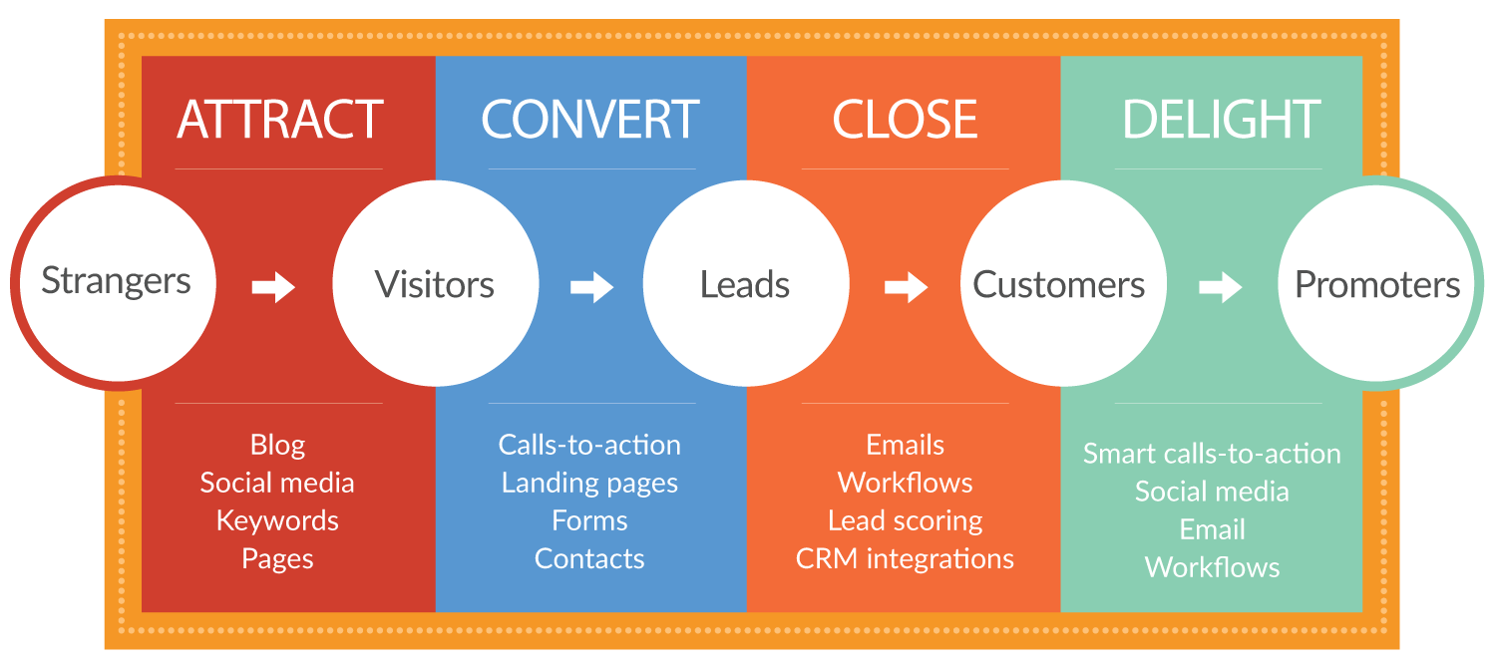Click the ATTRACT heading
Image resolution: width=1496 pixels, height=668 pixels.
(x=279, y=120)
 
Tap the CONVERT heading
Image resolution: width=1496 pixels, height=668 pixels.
(x=589, y=120)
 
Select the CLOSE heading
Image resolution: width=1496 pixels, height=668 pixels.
(x=905, y=120)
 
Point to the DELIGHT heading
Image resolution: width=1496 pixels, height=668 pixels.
(x=1221, y=120)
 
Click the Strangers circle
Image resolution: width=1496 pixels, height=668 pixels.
(x=117, y=282)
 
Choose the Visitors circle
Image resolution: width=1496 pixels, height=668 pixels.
(x=434, y=285)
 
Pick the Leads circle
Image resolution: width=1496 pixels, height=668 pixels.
(x=744, y=285)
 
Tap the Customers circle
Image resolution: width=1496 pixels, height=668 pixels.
(x=1059, y=285)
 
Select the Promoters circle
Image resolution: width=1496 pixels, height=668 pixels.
(x=1376, y=285)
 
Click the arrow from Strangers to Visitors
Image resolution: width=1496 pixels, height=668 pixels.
(x=273, y=288)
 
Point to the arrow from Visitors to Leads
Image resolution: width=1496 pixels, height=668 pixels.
(x=591, y=288)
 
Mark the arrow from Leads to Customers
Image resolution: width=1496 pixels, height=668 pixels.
(x=906, y=288)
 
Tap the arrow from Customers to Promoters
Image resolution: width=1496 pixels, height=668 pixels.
(x=1220, y=288)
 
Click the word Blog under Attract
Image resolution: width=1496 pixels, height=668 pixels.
(x=277, y=445)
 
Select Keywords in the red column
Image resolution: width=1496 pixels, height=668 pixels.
(x=277, y=520)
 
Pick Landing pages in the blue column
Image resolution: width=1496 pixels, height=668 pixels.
(x=589, y=483)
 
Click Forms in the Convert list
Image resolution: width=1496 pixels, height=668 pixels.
(x=589, y=520)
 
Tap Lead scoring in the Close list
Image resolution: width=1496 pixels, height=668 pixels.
(x=905, y=520)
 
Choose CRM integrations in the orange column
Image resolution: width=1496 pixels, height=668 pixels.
(x=905, y=558)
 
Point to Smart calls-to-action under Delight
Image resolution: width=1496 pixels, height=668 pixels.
(x=1212, y=454)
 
